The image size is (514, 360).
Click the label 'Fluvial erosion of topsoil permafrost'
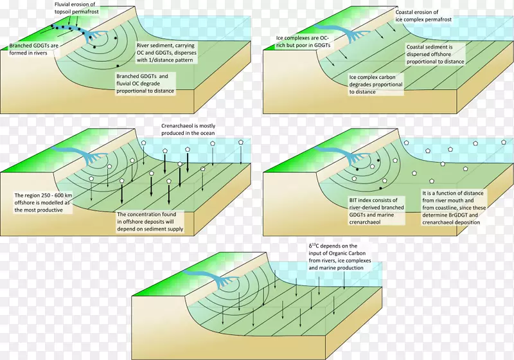(76, 8)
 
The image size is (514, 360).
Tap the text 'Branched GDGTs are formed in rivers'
(33, 50)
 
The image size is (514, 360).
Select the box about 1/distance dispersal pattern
(166, 53)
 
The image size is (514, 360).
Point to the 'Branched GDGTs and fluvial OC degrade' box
(145, 84)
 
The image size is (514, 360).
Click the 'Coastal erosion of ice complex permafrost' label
(423, 15)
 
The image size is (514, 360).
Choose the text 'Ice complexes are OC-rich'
(303, 42)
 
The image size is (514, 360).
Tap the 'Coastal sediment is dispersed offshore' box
(435, 55)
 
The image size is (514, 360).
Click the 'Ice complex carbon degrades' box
(376, 84)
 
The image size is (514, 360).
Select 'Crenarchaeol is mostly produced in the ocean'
(188, 129)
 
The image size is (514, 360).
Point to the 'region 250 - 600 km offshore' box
(43, 203)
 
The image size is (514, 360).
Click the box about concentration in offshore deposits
(150, 222)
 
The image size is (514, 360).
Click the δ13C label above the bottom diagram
(340, 256)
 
